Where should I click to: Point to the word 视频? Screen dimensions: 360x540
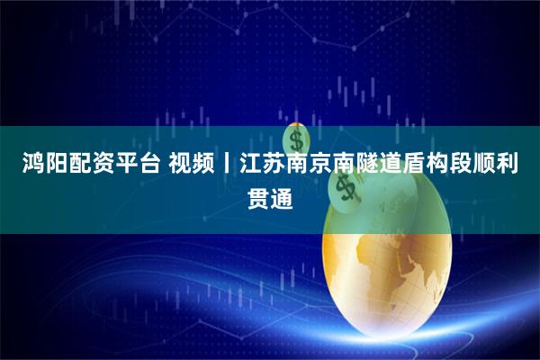coord(196,165)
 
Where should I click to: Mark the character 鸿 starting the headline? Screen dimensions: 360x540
coord(22,165)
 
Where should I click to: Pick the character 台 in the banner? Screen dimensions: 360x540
coord(149,165)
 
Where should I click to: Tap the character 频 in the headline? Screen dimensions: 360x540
coord(209,165)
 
